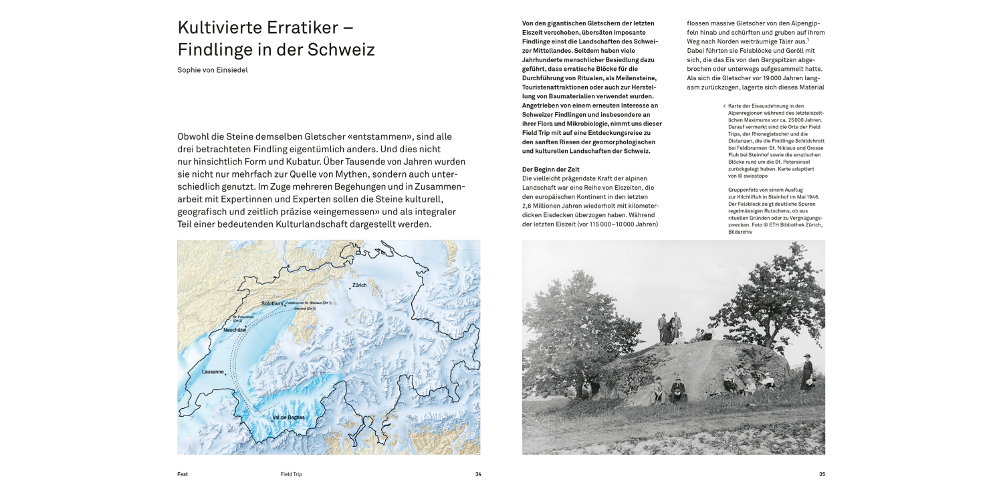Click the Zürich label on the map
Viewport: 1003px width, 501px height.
360,285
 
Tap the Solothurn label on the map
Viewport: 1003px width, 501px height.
272,303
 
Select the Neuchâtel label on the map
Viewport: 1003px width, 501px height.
235,330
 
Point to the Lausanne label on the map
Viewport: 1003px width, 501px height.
213,371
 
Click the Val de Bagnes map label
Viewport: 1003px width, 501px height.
288,417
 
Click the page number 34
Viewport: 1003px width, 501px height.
478,474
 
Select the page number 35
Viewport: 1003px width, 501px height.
822,474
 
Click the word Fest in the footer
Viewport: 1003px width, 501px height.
183,474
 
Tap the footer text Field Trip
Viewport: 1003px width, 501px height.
292,474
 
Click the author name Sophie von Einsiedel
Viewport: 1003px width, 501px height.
213,69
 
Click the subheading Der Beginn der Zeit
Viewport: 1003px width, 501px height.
550,170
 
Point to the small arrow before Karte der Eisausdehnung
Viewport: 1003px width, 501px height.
724,106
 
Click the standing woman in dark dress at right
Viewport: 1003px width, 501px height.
807,373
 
